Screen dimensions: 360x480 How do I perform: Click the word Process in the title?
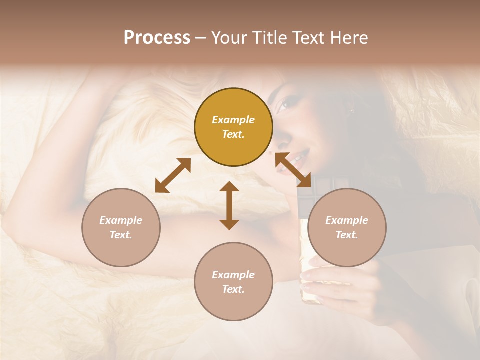pyautogui.click(x=157, y=38)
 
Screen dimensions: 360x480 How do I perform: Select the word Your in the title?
pyautogui.click(x=229, y=38)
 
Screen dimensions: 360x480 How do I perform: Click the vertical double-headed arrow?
pyautogui.click(x=229, y=205)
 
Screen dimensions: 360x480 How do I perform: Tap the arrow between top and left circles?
pyautogui.click(x=173, y=175)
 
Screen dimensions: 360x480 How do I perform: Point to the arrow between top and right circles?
pyautogui.click(x=293, y=170)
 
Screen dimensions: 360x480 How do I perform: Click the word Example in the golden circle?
pyautogui.click(x=233, y=120)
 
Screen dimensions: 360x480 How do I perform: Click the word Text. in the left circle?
pyautogui.click(x=121, y=235)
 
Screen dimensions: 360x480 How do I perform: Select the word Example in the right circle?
pyautogui.click(x=347, y=220)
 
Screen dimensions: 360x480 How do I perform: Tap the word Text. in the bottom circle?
pyautogui.click(x=233, y=289)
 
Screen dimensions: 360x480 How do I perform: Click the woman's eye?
pyautogui.click(x=283, y=104)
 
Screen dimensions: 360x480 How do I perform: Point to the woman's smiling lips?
pyautogui.click(x=294, y=161)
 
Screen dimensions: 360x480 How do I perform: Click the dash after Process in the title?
pyautogui.click(x=201, y=38)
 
